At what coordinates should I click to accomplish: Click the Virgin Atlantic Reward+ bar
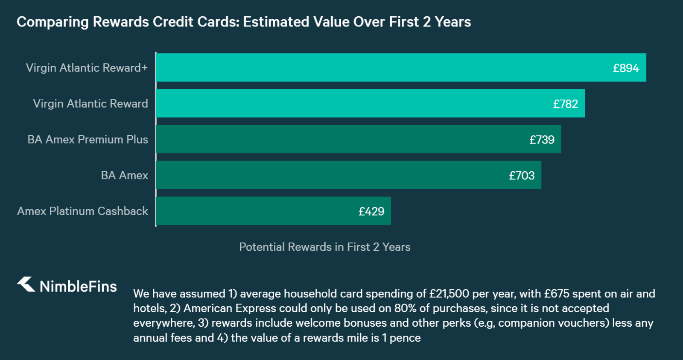tap(384, 67)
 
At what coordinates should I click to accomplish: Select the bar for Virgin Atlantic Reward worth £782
tap(354, 103)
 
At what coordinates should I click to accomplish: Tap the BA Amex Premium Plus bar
tap(341, 139)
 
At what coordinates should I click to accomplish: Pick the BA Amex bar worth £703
tap(333, 175)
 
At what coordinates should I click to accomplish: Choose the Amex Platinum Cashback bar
tap(256, 211)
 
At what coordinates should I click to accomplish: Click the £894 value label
tap(626, 68)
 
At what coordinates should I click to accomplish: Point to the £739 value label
tap(542, 140)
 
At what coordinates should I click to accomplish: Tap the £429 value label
tap(371, 211)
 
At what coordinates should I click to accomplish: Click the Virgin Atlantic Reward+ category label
tap(87, 68)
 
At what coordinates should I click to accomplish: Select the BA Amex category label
tap(124, 176)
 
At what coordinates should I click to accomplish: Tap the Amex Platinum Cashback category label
tap(82, 211)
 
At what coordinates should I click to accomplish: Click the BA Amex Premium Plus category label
tap(88, 140)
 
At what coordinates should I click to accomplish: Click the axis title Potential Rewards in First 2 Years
tap(324, 247)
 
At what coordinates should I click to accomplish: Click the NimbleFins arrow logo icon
tap(26, 284)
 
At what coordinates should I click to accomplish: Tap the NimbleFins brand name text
tap(78, 286)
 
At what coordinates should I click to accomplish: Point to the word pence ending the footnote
tap(405, 338)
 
